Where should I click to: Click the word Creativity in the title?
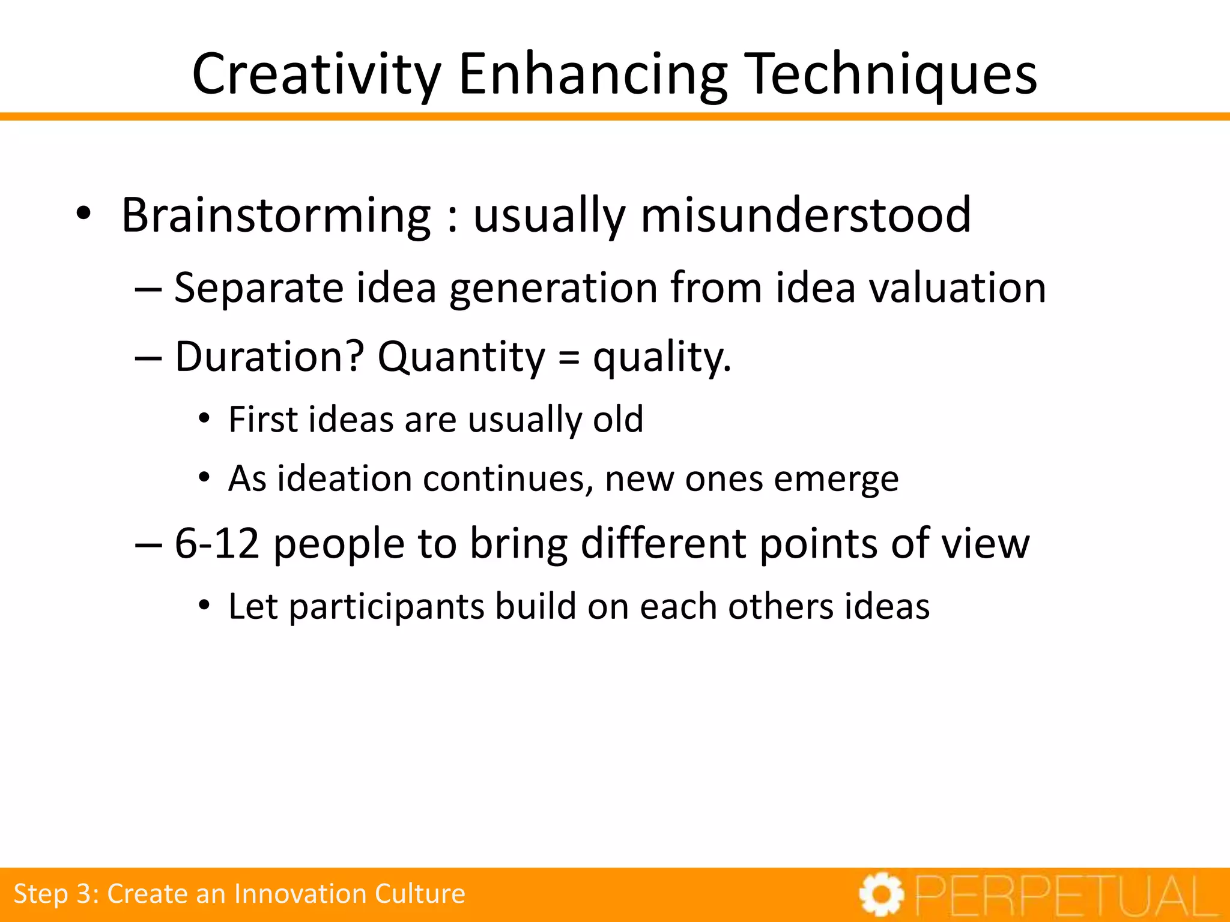317,74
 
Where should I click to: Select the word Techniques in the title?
894,74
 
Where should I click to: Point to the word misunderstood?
805,215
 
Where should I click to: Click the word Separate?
258,288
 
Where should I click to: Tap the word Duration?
269,357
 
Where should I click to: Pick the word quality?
662,357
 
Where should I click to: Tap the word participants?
386,607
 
